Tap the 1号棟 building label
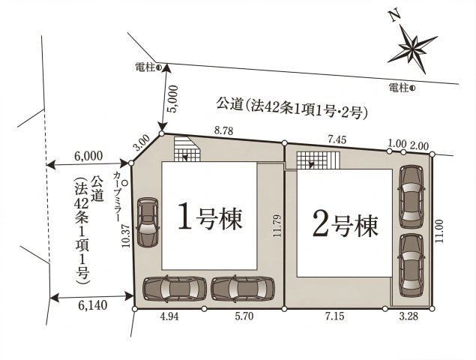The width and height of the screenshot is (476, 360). pos(209,219)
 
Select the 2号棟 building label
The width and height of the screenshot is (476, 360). pos(345,223)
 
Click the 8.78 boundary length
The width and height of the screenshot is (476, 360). pos(225,130)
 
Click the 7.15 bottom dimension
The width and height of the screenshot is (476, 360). pos(334,317)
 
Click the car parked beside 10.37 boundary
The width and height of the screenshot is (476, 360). pos(148,222)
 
